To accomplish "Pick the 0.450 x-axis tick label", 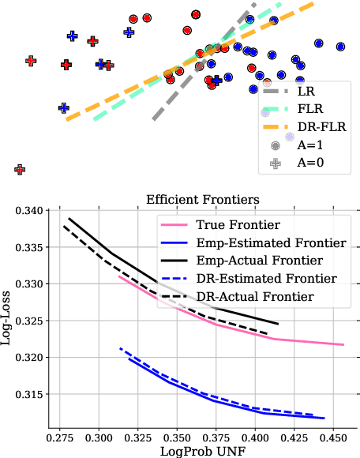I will (x=335, y=436).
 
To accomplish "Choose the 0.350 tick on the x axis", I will (x=177, y=436).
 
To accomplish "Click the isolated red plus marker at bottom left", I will (x=20, y=169).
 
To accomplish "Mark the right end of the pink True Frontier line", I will (x=343, y=344).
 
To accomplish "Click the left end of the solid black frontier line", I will (x=69, y=218).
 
